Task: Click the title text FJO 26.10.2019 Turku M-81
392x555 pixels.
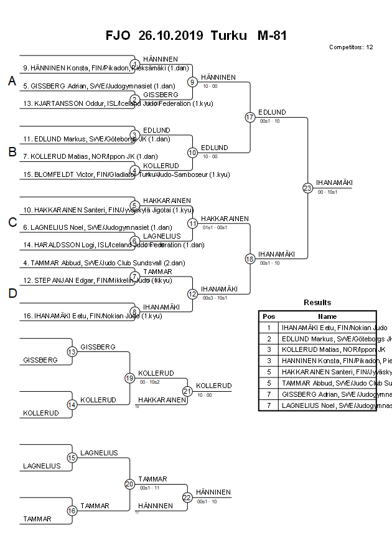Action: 196,36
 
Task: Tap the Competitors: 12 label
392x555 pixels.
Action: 351,47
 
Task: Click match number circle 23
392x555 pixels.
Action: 307,187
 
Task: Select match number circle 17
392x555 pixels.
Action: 250,117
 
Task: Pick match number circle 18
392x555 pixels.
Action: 250,259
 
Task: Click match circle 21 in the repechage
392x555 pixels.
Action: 187,391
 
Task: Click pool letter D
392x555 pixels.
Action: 12,293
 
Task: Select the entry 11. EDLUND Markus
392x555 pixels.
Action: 88,139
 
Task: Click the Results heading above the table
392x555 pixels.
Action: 317,303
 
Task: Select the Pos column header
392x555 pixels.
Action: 269,316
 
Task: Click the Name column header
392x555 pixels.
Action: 327,316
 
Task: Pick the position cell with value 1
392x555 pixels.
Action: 269,327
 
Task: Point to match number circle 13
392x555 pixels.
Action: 72,352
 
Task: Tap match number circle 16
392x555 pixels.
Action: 72,511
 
